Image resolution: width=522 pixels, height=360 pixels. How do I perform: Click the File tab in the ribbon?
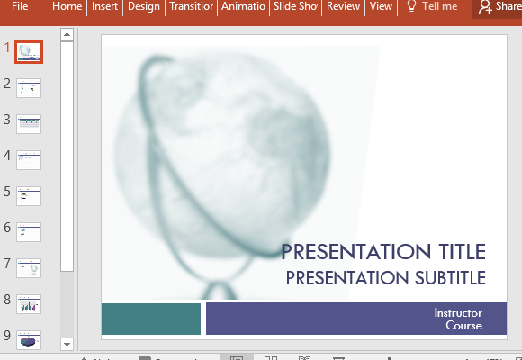click(x=21, y=7)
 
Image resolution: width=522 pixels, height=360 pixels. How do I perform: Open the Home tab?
click(x=67, y=7)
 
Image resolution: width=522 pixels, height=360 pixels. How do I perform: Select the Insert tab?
click(x=104, y=7)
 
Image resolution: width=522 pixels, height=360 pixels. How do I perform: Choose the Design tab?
click(x=144, y=7)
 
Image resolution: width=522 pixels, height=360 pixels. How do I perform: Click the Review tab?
click(x=343, y=7)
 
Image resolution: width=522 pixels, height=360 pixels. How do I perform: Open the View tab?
click(x=381, y=7)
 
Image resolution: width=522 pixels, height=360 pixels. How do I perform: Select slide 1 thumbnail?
click(x=29, y=52)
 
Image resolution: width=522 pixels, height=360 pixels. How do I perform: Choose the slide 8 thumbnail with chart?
click(x=29, y=303)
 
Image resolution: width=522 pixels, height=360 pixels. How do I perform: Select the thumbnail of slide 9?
click(x=29, y=339)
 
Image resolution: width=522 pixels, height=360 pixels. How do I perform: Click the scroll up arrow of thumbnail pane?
click(x=67, y=35)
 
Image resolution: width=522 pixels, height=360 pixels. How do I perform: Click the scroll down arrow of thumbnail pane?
click(x=67, y=343)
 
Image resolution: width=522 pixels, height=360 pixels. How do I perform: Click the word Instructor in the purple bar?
click(x=458, y=312)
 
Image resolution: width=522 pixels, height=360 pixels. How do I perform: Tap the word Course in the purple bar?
click(x=463, y=326)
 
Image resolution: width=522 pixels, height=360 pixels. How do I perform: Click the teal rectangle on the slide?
click(x=150, y=319)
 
